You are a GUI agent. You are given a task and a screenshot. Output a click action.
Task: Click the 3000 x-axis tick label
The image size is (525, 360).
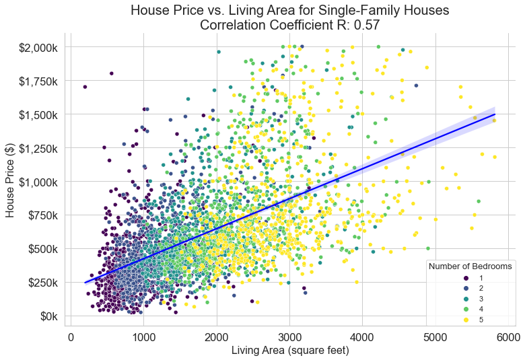[x=289, y=336]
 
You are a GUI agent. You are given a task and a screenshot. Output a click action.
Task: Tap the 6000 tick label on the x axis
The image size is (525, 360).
[x=509, y=336]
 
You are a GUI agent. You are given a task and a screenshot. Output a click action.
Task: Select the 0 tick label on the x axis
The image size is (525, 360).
[x=71, y=336]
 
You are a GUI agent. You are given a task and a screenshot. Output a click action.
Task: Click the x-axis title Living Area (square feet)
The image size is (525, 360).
[x=289, y=351]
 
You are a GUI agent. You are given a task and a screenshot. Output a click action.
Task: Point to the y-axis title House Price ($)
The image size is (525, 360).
[x=10, y=182]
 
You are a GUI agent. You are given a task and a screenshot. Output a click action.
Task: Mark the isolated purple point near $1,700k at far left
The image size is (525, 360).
[x=85, y=87]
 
